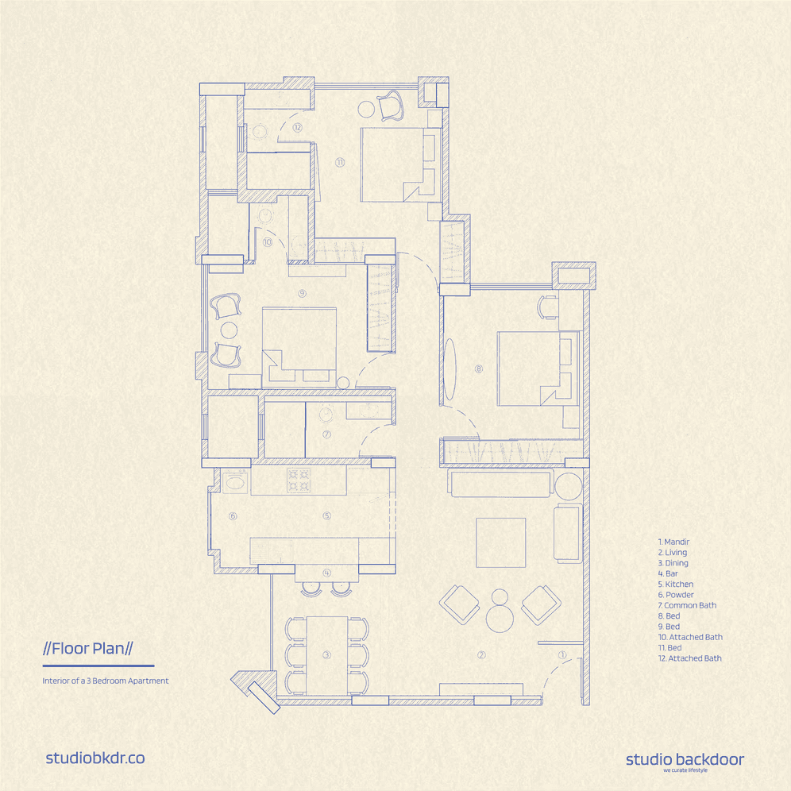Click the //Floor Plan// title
tap(88, 648)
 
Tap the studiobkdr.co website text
tap(95, 758)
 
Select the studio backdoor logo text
tap(685, 759)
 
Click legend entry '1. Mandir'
tap(673, 542)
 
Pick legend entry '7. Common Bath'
tap(687, 605)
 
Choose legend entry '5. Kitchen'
tap(676, 585)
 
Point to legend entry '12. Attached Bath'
tap(689, 658)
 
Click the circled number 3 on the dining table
tap(326, 654)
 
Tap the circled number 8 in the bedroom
tap(479, 368)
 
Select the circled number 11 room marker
tap(340, 163)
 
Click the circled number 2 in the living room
tap(481, 654)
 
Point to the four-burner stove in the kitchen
tap(298, 480)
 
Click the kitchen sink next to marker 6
tap(234, 482)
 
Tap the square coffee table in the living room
tap(501, 542)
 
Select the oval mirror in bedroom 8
tap(450, 368)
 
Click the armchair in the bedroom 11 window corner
tap(390, 106)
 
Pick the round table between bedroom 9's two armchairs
tap(229, 330)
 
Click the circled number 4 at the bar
tap(327, 573)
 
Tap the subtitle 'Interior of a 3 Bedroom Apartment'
tap(106, 681)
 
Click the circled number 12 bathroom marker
tap(297, 127)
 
